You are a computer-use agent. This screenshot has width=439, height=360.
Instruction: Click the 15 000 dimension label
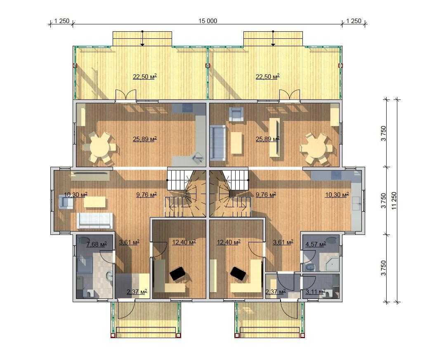[208, 21]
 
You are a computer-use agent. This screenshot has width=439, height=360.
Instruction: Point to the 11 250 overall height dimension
[394, 201]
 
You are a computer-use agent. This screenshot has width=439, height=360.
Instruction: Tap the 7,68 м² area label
[96, 244]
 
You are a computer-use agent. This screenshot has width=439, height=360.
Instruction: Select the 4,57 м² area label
[316, 244]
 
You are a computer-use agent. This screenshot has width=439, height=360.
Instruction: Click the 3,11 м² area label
[315, 292]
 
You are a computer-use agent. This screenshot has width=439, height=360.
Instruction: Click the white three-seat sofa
[94, 221]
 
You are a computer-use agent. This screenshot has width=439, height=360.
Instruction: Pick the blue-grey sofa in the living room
[218, 143]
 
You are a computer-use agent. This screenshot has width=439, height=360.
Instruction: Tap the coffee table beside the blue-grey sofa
[236, 142]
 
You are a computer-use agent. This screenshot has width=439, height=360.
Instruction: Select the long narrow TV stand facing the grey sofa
[275, 137]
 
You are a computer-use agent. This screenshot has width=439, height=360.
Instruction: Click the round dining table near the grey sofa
[316, 148]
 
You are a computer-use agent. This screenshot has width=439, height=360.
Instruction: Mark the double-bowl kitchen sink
[356, 204]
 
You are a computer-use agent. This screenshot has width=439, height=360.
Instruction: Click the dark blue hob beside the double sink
[336, 175]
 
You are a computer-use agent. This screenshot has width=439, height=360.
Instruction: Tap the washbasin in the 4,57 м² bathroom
[309, 267]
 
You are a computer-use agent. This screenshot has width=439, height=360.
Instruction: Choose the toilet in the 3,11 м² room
[328, 292]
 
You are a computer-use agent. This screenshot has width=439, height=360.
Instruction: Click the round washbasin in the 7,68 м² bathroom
[109, 276]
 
